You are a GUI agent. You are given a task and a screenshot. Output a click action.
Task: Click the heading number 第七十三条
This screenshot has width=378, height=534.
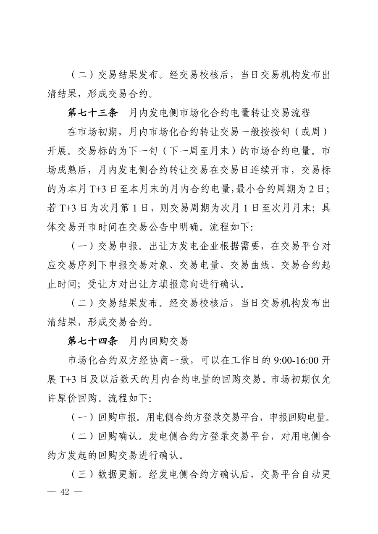[x=92, y=112]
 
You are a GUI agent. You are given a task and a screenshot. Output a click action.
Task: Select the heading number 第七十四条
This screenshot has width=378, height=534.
[x=92, y=341]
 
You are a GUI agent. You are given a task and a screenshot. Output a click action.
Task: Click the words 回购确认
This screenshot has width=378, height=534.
[x=114, y=436]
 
